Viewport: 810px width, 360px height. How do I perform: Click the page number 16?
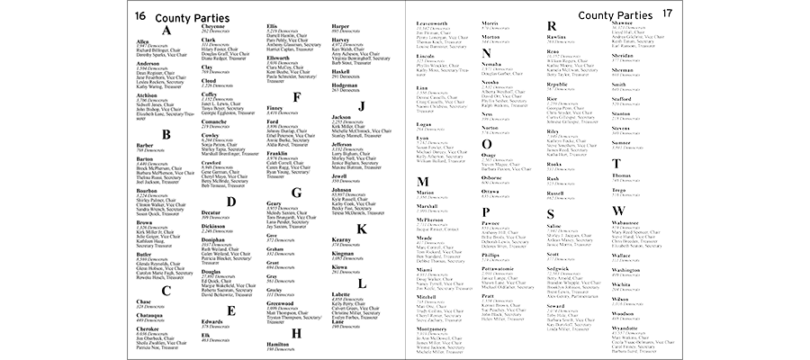141,16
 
